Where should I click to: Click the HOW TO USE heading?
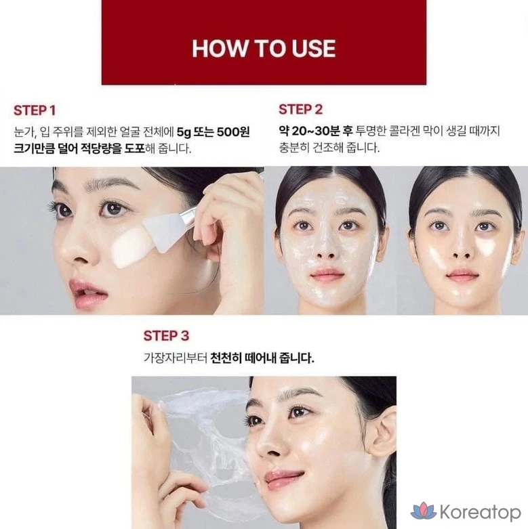(264, 48)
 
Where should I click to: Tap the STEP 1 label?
(35, 110)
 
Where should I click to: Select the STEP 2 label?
(300, 109)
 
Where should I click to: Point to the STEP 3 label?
(166, 336)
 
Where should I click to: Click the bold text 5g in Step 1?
(184, 132)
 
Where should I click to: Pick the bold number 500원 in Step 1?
(233, 131)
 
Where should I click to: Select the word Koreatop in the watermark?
(481, 512)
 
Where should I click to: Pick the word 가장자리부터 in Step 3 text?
(175, 358)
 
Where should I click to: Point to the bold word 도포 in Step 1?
(135, 148)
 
